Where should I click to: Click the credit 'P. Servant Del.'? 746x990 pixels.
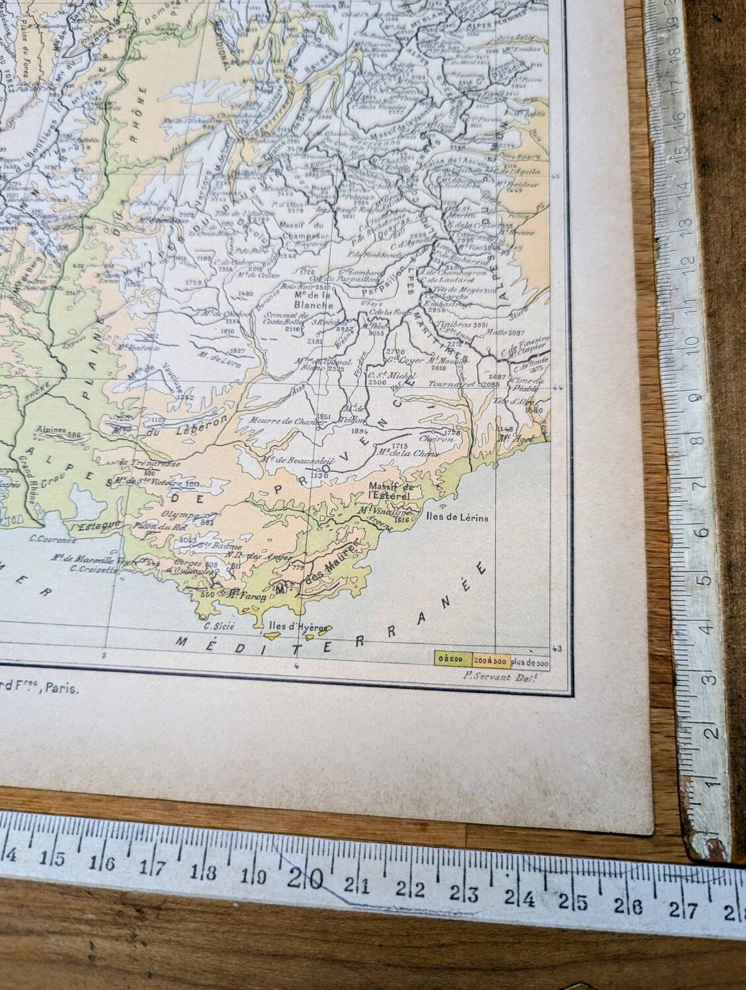pos(492,674)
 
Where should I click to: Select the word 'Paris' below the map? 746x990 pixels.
pos(65,688)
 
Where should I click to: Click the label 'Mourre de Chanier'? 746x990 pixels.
pos(280,420)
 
